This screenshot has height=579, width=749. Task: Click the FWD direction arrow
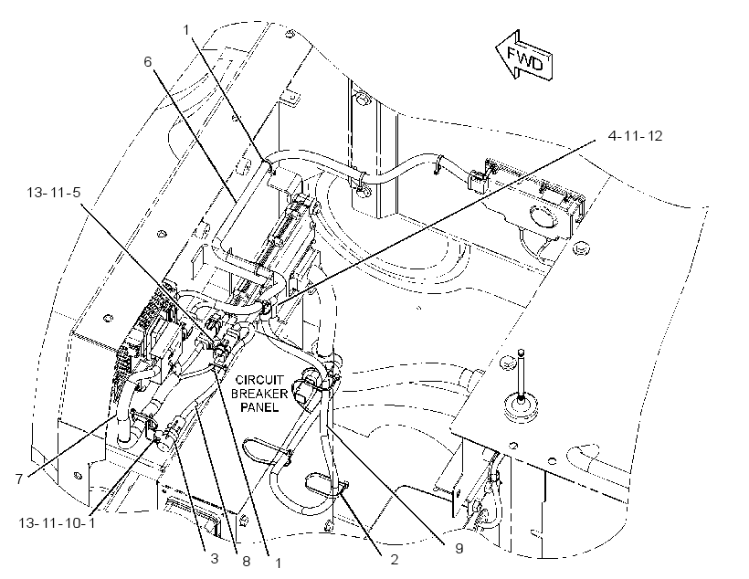point(524,56)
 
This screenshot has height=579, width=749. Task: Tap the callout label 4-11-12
point(636,136)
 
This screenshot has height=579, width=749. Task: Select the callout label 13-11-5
point(54,193)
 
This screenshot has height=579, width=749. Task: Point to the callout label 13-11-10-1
point(57,522)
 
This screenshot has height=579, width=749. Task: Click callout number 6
point(148,61)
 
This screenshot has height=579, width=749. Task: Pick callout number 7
point(19,479)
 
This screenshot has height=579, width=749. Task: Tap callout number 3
point(215,558)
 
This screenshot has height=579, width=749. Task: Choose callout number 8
point(246,562)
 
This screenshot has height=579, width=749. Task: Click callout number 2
point(394,560)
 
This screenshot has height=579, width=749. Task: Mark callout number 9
point(459,549)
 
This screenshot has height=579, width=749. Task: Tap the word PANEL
point(259,407)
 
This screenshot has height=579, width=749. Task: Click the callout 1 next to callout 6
point(186,30)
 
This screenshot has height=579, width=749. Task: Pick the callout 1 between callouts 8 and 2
point(278,563)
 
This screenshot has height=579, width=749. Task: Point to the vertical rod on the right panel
point(522,373)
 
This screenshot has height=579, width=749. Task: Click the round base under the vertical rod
point(522,407)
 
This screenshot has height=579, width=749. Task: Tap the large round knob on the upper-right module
point(543,215)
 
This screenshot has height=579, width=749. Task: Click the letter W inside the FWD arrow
point(525,58)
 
